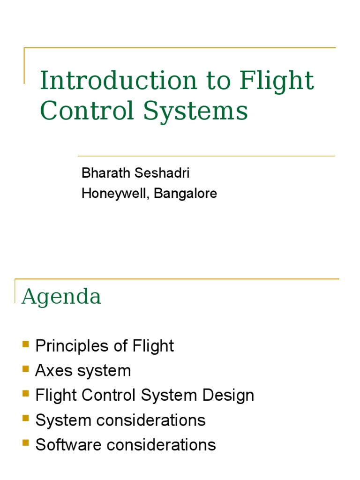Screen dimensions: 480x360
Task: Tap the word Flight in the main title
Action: click(277, 82)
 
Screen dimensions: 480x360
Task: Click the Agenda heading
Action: click(61, 297)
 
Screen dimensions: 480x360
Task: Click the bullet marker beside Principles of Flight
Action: click(25, 345)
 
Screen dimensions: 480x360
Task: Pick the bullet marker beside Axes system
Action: click(25, 369)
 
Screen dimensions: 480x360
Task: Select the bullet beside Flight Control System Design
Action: click(25, 394)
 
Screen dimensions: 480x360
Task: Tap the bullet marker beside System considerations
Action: click(25, 419)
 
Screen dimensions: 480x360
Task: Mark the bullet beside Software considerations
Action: click(25, 443)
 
